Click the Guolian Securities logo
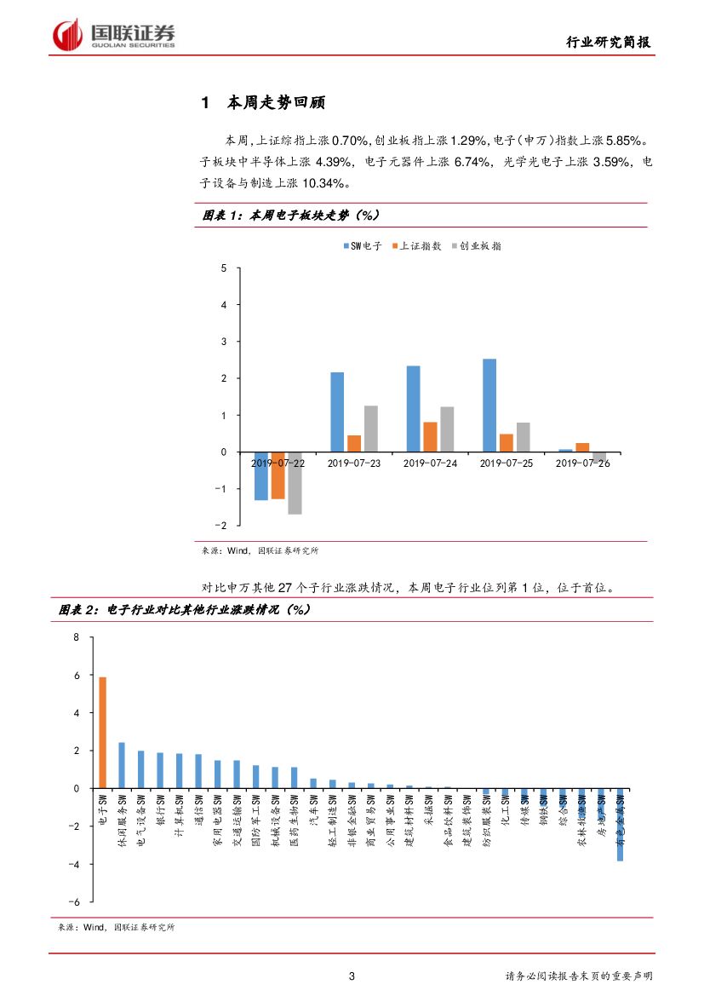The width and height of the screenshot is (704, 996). (x=114, y=34)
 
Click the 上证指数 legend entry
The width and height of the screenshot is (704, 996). (x=416, y=246)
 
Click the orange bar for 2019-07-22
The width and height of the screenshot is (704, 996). (x=278, y=475)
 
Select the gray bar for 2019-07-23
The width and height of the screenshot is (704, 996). (x=370, y=429)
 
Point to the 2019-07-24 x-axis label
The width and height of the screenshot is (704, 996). (x=432, y=463)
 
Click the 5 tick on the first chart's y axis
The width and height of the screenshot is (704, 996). (x=224, y=268)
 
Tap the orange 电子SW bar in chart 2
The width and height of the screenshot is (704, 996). (x=103, y=733)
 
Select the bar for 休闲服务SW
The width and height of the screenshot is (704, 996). (x=122, y=765)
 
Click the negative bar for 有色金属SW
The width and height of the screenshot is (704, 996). (x=620, y=825)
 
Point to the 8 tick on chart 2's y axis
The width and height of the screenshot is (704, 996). (x=76, y=637)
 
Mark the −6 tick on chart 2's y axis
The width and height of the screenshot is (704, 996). (x=74, y=902)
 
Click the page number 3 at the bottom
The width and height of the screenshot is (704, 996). (x=352, y=976)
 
